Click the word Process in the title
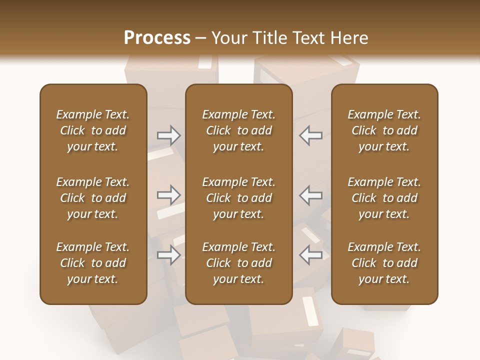pyautogui.click(x=157, y=38)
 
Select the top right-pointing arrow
pyautogui.click(x=168, y=135)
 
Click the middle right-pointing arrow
pyautogui.click(x=168, y=195)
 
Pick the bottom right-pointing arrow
pyautogui.click(x=168, y=255)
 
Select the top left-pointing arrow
pyautogui.click(x=311, y=135)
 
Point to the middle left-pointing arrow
pyautogui.click(x=311, y=195)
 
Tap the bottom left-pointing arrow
pyautogui.click(x=311, y=255)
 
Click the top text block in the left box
pyautogui.click(x=93, y=130)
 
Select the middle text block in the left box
pyautogui.click(x=93, y=198)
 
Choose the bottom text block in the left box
pyautogui.click(x=93, y=263)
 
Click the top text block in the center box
pyautogui.click(x=238, y=130)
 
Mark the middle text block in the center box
pyautogui.click(x=238, y=198)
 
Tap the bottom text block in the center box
pyautogui.click(x=238, y=263)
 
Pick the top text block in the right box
pyautogui.click(x=384, y=130)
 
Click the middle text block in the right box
pyautogui.click(x=384, y=198)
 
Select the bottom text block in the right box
pyautogui.click(x=384, y=263)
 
